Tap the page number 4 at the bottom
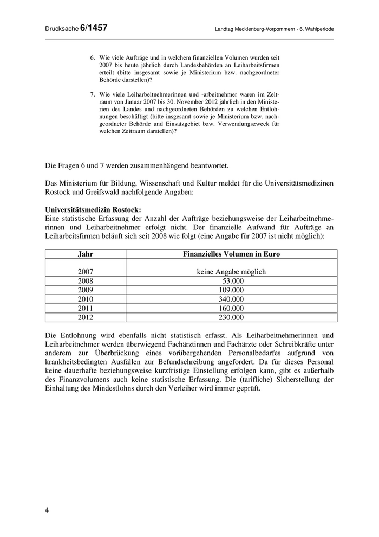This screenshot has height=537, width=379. click(47, 510)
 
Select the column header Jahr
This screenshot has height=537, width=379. click(86, 254)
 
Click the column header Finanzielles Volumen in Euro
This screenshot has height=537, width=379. click(231, 254)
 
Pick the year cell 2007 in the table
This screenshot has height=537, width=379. click(86, 272)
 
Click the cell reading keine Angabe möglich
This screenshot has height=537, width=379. click(231, 272)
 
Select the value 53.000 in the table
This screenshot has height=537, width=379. click(233, 281)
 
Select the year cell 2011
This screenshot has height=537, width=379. click(86, 309)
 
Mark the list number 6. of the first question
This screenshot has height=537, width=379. click(93, 57)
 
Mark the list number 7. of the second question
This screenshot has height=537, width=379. click(93, 94)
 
